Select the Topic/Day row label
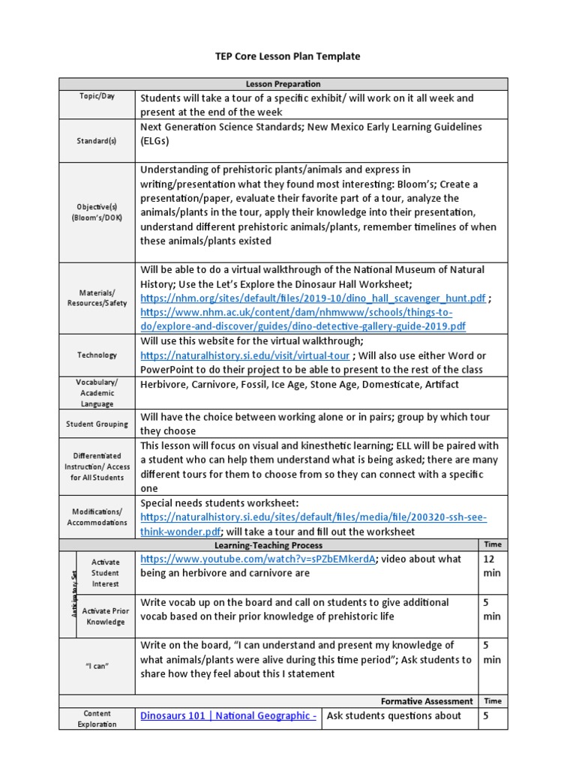[97, 97]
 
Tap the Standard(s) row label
[97, 140]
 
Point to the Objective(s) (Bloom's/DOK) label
[97, 211]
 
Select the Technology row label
[97, 355]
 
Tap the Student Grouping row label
[97, 424]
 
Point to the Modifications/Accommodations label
[97, 517]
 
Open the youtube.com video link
[257, 559]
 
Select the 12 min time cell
[493, 566]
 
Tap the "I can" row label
[97, 665]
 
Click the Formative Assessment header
[426, 701]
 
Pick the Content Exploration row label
[97, 718]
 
